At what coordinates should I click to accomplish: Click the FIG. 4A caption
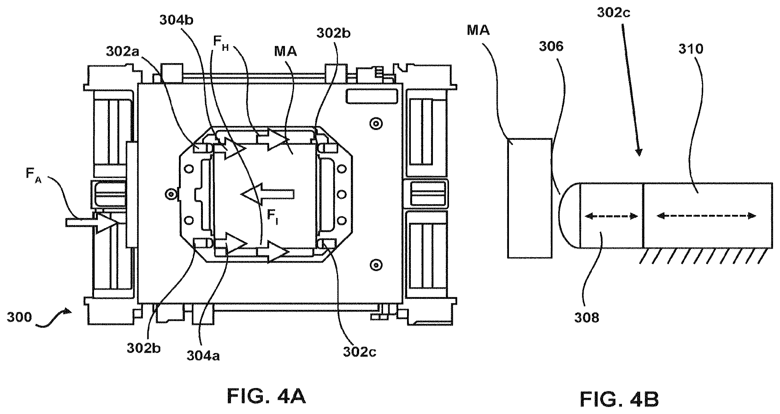[266, 396]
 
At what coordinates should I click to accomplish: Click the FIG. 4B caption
[619, 399]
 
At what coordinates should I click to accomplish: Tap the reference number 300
[20, 317]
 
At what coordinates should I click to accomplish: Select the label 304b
[176, 20]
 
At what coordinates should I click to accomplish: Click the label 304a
[203, 356]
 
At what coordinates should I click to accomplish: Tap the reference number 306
[551, 46]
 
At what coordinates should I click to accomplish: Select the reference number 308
[587, 318]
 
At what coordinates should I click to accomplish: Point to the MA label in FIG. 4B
[478, 30]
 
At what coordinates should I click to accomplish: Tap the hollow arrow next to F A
[92, 223]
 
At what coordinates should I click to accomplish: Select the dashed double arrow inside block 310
[706, 216]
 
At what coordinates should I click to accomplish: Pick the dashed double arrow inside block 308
[611, 216]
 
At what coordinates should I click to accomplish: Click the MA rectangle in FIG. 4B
[530, 198]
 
